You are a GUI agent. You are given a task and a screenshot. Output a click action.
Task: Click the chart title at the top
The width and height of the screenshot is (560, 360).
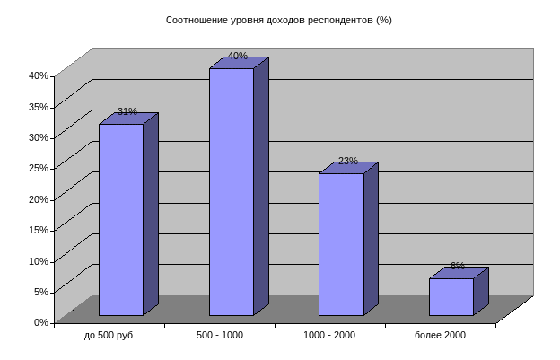click(x=279, y=19)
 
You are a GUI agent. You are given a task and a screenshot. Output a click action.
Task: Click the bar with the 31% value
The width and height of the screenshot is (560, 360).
click(x=121, y=219)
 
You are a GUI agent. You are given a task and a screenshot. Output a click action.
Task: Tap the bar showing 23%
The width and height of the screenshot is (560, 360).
click(x=341, y=244)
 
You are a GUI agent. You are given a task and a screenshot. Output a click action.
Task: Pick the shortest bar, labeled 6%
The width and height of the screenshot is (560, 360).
click(x=451, y=296)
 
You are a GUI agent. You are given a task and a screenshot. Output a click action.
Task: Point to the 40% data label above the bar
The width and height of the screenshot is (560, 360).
click(x=238, y=57)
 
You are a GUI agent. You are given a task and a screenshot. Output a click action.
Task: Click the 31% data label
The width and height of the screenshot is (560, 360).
click(x=127, y=112)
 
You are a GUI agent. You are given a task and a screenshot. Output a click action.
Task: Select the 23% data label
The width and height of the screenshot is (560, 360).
click(x=347, y=162)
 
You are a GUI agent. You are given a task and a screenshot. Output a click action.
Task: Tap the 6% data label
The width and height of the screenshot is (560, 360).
click(x=457, y=267)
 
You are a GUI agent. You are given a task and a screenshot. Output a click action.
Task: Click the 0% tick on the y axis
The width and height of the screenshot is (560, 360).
click(x=41, y=322)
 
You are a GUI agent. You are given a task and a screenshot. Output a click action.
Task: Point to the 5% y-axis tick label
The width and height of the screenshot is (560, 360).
click(x=41, y=291)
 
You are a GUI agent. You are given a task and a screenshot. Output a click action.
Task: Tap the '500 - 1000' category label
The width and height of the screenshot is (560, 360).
click(x=220, y=335)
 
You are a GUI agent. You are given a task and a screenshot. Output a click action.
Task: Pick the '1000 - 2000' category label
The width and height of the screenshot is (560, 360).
click(x=329, y=335)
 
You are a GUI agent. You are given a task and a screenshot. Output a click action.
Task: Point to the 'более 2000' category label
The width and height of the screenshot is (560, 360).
click(x=440, y=335)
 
